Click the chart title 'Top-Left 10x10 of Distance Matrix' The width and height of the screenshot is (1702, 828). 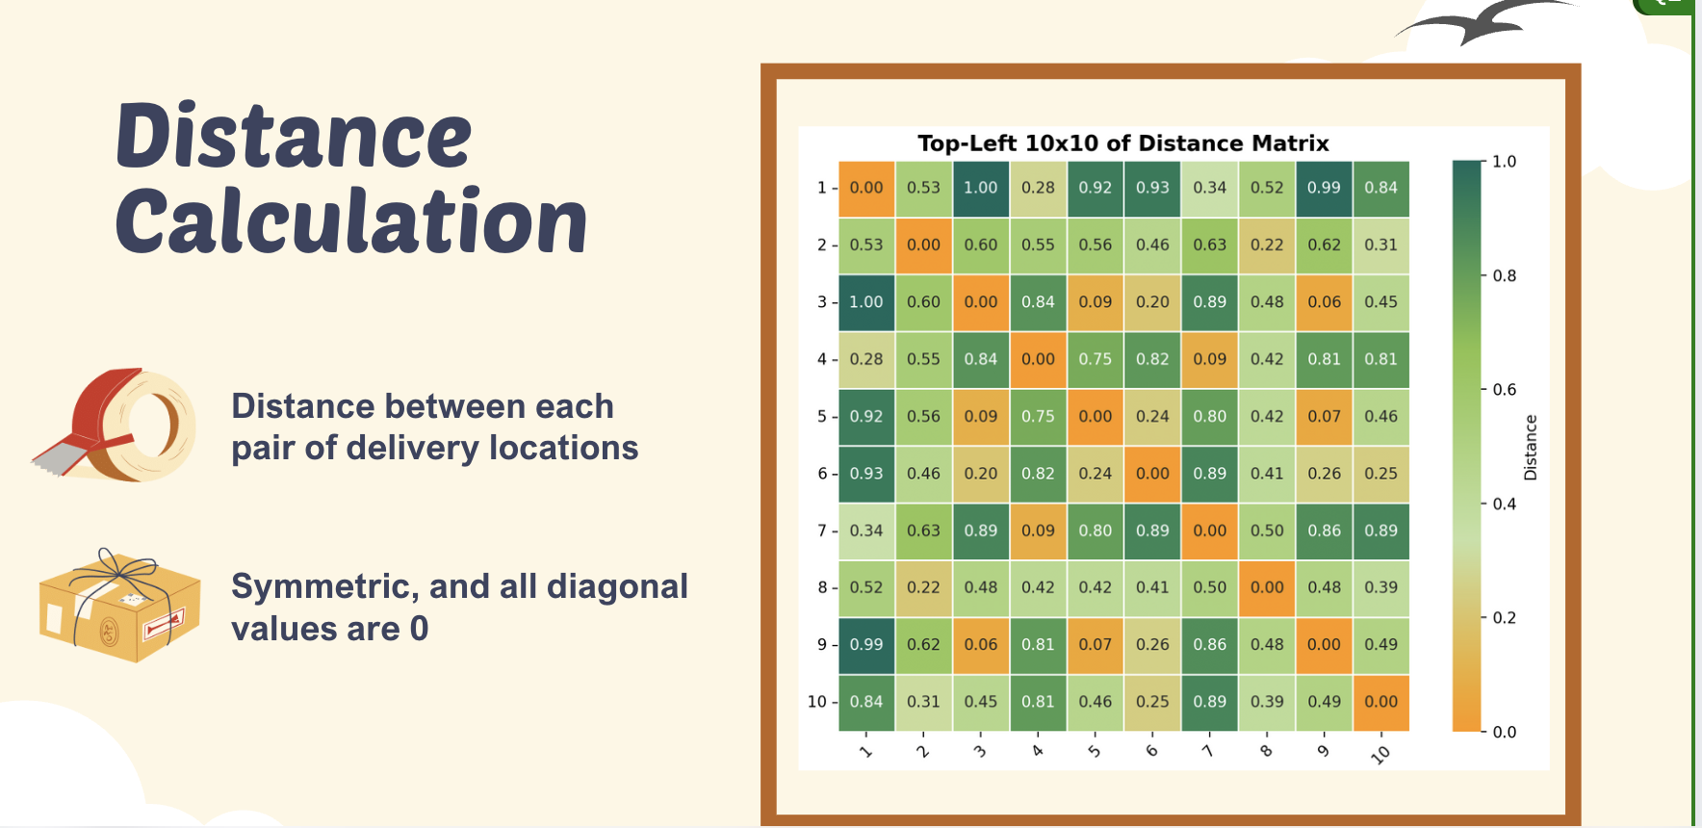pyautogui.click(x=1122, y=143)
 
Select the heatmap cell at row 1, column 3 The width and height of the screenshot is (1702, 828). pyautogui.click(x=981, y=188)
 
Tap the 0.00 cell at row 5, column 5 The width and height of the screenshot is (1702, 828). pyautogui.click(x=1096, y=416)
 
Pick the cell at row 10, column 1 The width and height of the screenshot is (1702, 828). pyautogui.click(x=866, y=702)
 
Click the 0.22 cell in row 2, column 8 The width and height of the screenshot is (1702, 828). pyautogui.click(x=1267, y=245)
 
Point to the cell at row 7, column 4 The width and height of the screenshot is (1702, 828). pyautogui.click(x=1038, y=530)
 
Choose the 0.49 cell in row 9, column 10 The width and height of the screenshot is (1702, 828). pyautogui.click(x=1381, y=645)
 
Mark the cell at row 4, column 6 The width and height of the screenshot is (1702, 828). pyautogui.click(x=1152, y=359)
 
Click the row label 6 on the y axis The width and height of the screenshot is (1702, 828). pyautogui.click(x=822, y=474)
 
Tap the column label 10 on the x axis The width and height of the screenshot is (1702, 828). pyautogui.click(x=1380, y=755)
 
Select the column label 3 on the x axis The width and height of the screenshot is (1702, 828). pyautogui.click(x=980, y=751)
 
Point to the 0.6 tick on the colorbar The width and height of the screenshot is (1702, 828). pyautogui.click(x=1504, y=390)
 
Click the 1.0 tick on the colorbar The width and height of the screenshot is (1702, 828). pyautogui.click(x=1504, y=162)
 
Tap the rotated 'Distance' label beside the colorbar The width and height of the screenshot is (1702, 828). pyautogui.click(x=1531, y=448)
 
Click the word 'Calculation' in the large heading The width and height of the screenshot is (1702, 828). pyautogui.click(x=351, y=221)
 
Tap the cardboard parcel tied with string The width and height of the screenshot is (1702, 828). pyautogui.click(x=119, y=607)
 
